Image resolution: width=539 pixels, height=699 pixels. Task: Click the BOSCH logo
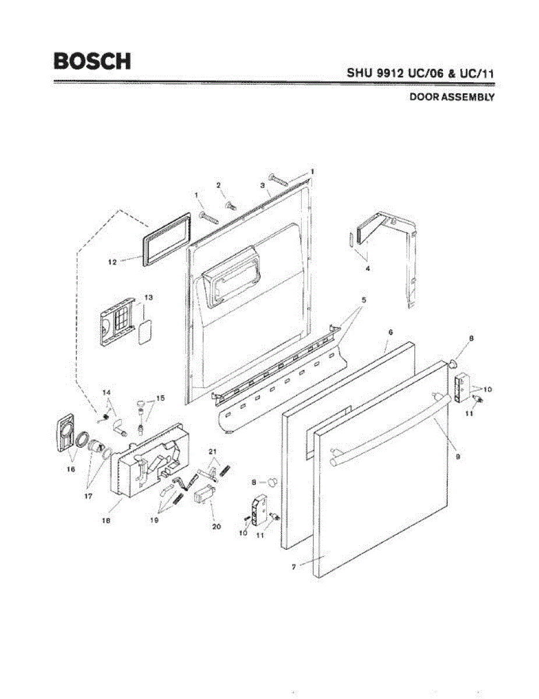[92, 61]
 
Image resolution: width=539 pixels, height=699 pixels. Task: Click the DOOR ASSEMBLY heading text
[452, 97]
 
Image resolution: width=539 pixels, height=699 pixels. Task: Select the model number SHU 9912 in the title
[381, 74]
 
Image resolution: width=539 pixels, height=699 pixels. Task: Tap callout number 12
[112, 263]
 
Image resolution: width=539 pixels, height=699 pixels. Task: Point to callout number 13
[149, 298]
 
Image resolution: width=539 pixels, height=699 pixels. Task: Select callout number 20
[217, 527]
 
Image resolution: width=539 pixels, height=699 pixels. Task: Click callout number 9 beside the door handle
[458, 457]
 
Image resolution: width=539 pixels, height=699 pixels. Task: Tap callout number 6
[390, 331]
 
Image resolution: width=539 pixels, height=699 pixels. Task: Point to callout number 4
[367, 269]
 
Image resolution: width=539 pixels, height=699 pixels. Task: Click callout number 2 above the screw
[219, 185]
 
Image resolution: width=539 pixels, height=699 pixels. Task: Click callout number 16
[72, 468]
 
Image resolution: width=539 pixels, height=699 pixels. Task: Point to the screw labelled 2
[230, 204]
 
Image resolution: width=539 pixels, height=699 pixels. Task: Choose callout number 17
[89, 497]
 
